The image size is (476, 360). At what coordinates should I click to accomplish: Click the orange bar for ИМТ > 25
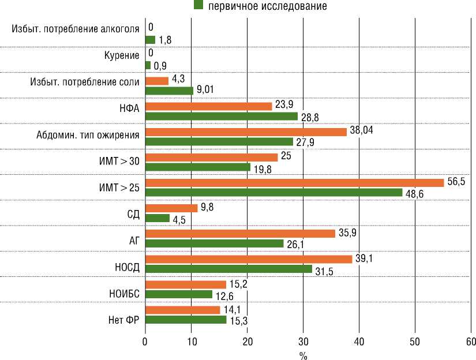click(294, 183)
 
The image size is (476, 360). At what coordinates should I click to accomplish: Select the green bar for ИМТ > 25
click(273, 193)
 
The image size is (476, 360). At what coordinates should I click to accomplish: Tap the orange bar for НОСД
click(248, 260)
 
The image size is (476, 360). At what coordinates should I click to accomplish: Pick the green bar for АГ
click(214, 243)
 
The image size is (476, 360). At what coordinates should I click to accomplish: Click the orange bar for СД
click(171, 208)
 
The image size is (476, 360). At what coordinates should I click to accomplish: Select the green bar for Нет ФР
click(185, 320)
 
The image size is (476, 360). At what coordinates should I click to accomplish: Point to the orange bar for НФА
click(208, 107)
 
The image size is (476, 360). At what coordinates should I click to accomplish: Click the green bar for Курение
click(148, 65)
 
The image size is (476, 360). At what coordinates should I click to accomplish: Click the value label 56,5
click(455, 181)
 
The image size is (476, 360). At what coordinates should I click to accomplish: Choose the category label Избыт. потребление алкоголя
click(75, 29)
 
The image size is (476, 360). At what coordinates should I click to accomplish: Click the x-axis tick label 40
click(359, 342)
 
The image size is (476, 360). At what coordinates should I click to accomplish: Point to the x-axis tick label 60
click(471, 342)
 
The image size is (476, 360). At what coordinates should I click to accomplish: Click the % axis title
click(303, 354)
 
